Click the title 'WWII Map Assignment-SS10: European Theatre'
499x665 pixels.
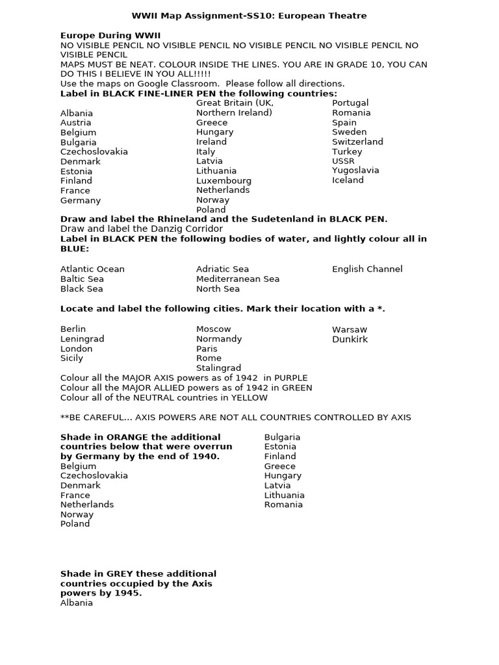249,16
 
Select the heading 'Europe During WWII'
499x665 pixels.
110,35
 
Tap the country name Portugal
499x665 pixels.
350,103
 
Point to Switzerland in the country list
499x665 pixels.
357,142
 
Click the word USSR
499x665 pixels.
343,161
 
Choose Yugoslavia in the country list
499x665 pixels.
355,170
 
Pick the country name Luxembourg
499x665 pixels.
224,181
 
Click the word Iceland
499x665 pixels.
348,180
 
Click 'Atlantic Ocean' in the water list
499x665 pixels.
92,269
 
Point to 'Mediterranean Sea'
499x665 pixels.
238,279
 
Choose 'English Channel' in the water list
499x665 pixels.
367,269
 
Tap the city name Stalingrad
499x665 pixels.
218,368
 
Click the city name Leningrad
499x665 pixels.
82,339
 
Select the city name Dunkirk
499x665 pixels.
350,339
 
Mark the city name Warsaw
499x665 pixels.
349,329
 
